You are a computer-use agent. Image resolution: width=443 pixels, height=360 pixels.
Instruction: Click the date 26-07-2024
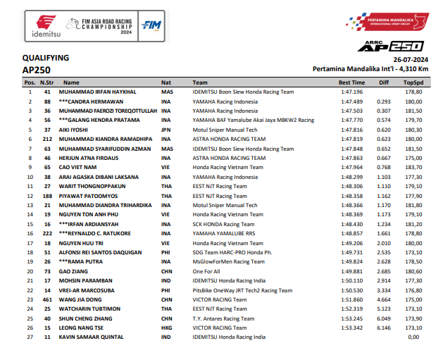point(411,59)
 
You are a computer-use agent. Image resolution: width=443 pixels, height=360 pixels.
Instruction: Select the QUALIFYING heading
point(46,58)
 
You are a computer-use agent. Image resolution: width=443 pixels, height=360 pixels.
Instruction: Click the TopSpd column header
point(413,82)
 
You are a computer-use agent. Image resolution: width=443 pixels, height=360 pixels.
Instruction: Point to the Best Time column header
point(351,82)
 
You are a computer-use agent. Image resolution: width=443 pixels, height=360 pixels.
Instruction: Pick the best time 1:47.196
point(351,92)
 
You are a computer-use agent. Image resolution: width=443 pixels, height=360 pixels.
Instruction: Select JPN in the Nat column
point(167,130)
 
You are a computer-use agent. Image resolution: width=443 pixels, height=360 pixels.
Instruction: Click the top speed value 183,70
point(413,168)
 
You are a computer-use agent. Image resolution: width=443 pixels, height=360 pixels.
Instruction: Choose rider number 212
point(48,139)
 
